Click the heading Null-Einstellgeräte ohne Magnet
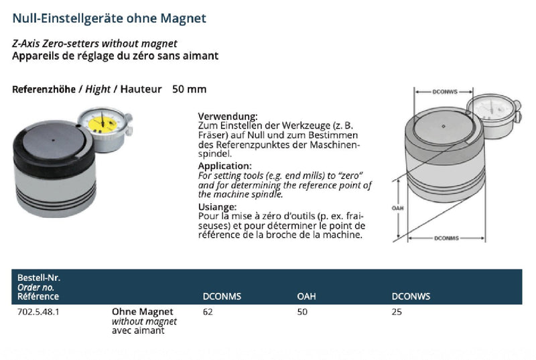coord(109,18)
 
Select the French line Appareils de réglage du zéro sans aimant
coord(115,56)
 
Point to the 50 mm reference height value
coord(190,89)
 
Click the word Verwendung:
coord(228,116)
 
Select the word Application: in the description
coord(225,165)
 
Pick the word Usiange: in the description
coord(218,206)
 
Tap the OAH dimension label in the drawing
coord(397,208)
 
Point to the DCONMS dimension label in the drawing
coord(446,238)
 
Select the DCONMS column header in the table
coord(222,296)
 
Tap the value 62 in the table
coord(207,312)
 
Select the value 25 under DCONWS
coord(397,312)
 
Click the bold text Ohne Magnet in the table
coord(142,312)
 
